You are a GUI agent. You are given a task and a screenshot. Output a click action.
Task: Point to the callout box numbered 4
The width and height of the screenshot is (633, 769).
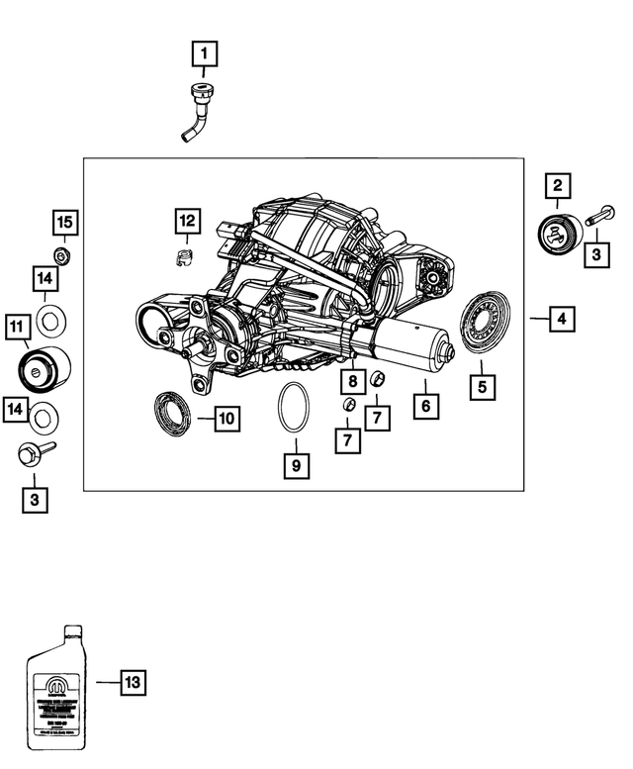coord(562,319)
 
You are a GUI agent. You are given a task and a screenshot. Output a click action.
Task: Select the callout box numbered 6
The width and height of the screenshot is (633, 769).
coord(425,406)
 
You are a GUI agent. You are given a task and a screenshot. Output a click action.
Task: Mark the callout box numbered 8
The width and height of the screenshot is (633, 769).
coord(351,380)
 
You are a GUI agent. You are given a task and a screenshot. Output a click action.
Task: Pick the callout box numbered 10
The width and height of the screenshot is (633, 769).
coord(226,419)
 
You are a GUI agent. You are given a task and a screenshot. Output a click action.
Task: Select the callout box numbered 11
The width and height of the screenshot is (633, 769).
coord(17,324)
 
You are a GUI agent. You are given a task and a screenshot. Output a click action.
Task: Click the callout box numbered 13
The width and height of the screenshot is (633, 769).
coord(134,682)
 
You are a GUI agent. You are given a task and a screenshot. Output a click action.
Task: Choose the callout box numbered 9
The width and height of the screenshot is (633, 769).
coord(295,463)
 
